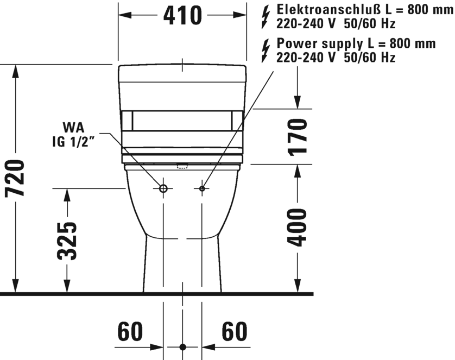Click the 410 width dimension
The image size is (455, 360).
click(x=182, y=15)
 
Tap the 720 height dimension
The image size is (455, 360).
click(x=15, y=178)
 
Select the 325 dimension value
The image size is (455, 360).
click(x=67, y=241)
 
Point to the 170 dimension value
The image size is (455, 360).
click(x=298, y=137)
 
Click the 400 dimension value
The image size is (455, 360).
click(x=297, y=228)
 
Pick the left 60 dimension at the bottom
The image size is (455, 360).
click(x=130, y=332)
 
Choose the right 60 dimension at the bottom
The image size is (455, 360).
click(x=235, y=332)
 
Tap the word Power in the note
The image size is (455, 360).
click(x=294, y=43)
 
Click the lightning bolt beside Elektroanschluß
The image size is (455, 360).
click(x=266, y=17)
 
